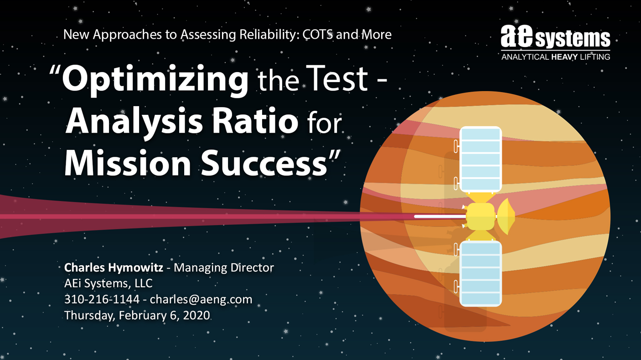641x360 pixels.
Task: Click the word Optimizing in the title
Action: pyautogui.click(x=155, y=80)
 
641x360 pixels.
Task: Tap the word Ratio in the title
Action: pyautogui.click(x=255, y=122)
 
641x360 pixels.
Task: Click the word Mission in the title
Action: pyautogui.click(x=128, y=163)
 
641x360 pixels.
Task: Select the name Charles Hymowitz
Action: pyautogui.click(x=114, y=267)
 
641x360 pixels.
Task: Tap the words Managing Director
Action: pyautogui.click(x=224, y=268)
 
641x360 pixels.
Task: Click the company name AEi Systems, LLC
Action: pyautogui.click(x=108, y=283)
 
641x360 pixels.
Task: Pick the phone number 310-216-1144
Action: pyautogui.click(x=102, y=299)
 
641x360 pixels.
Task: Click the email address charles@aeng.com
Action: pyautogui.click(x=201, y=299)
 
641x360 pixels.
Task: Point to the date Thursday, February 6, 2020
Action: pyautogui.click(x=137, y=315)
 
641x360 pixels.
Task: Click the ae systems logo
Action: pyautogui.click(x=555, y=42)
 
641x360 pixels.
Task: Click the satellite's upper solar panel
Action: pyautogui.click(x=481, y=159)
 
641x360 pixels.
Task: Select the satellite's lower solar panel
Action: pyautogui.click(x=481, y=273)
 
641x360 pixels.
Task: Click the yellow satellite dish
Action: pyautogui.click(x=506, y=216)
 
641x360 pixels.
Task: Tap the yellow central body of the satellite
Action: pyautogui.click(x=481, y=216)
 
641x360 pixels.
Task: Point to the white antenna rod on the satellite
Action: pyautogui.click(x=440, y=217)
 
